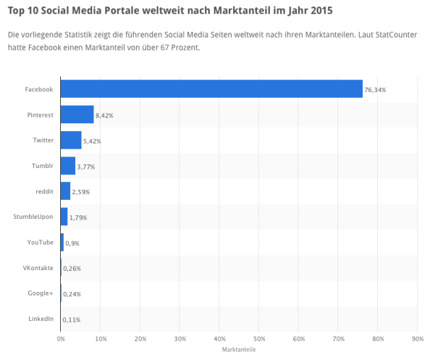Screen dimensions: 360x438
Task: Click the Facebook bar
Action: (211, 89)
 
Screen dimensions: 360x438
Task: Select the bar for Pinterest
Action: (77, 114)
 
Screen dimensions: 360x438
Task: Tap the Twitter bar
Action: (71, 140)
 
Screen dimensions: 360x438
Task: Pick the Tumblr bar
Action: (68, 166)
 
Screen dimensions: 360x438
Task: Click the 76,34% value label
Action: (376, 90)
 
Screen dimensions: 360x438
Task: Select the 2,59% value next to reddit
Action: (81, 192)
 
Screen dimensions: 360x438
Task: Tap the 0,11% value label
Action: (72, 319)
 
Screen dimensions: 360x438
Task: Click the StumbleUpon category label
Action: (33, 217)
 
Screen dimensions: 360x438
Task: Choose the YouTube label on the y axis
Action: (40, 242)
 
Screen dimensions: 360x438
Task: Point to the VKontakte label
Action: (38, 267)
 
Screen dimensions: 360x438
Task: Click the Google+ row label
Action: (41, 293)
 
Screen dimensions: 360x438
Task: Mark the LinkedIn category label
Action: (40, 319)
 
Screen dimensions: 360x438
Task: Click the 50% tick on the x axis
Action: (258, 338)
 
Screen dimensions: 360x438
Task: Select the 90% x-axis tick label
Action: (417, 338)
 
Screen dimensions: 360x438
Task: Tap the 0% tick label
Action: (61, 338)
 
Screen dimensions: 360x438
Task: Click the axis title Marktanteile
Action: (238, 350)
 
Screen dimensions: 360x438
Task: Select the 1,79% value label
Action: (78, 217)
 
